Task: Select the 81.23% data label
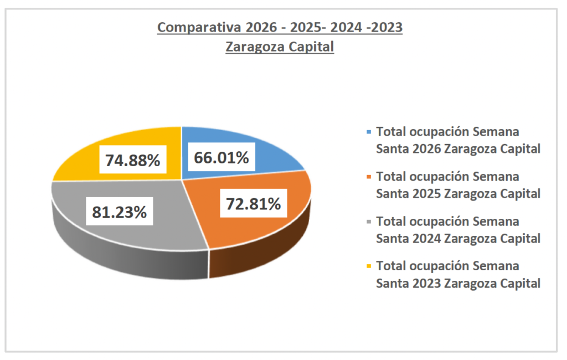pyautogui.click(x=119, y=212)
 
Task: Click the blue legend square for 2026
pyautogui.click(x=369, y=132)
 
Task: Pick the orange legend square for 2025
pyautogui.click(x=369, y=177)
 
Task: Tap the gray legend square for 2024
pyautogui.click(x=369, y=222)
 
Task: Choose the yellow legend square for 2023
pyautogui.click(x=369, y=266)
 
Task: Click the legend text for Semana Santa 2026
pyautogui.click(x=458, y=140)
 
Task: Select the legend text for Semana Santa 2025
pyautogui.click(x=458, y=185)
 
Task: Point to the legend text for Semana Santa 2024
pyautogui.click(x=458, y=230)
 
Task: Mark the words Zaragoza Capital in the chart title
pyautogui.click(x=280, y=48)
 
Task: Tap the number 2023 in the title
pyautogui.click(x=386, y=28)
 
